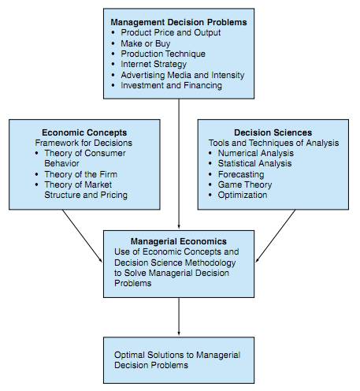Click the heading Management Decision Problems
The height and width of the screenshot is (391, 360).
point(179,22)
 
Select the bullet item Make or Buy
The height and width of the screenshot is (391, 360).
point(146,43)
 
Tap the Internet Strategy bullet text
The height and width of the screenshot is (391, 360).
point(154,64)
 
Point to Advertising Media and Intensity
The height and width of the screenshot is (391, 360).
point(183,75)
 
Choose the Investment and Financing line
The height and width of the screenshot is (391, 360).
point(171,85)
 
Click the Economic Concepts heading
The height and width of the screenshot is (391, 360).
point(84,132)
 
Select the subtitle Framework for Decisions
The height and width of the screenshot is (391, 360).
point(84,143)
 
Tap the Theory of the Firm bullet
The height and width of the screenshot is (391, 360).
point(80,174)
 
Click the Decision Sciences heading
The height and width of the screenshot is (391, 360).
point(273,132)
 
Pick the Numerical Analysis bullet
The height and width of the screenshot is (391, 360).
point(256,153)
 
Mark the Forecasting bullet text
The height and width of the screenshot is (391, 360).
point(241,174)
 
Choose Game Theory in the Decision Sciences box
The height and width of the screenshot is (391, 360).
point(245,184)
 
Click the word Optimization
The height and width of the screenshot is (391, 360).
point(243,195)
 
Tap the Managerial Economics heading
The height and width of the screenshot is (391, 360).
point(179,241)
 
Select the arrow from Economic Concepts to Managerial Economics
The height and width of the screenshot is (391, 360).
point(82,236)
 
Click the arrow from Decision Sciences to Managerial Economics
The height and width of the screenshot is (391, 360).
point(276,236)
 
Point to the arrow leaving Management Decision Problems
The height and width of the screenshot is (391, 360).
point(179,163)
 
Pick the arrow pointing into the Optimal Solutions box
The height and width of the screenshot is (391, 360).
point(179,316)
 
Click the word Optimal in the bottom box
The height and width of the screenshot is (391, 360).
point(129,355)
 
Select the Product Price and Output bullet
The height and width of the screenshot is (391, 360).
point(171,32)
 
